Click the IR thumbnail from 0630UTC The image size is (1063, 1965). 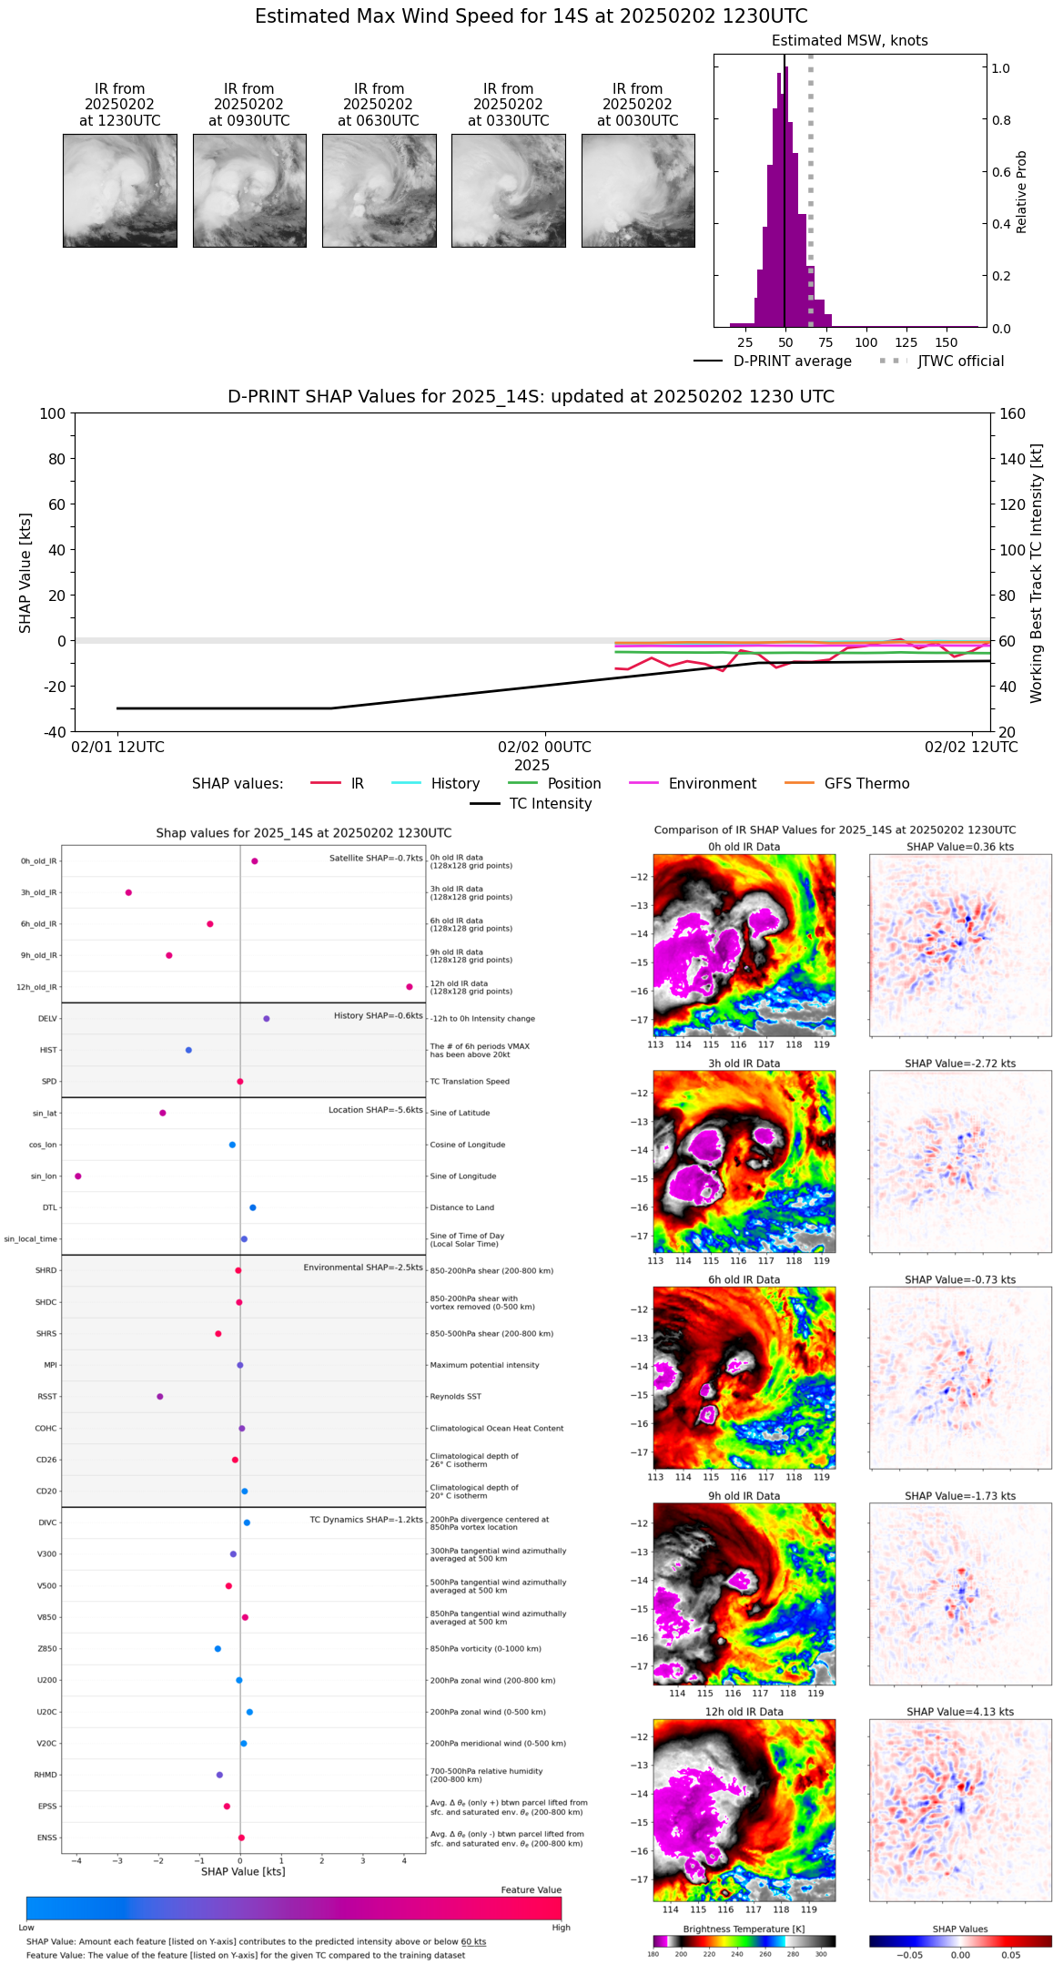[x=379, y=190]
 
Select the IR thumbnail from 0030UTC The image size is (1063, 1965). [x=638, y=190]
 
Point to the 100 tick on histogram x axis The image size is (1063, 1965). [x=866, y=342]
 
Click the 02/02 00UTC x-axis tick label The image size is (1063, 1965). [x=544, y=748]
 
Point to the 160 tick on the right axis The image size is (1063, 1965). [x=1012, y=414]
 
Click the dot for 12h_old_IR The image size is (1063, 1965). [x=410, y=987]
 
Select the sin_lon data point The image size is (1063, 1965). [x=78, y=1176]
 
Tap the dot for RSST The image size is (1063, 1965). [x=160, y=1397]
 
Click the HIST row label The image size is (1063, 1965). [x=48, y=1050]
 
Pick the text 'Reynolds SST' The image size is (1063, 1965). [x=455, y=1397]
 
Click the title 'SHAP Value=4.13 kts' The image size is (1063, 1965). [x=960, y=1712]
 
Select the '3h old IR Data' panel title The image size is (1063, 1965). [x=744, y=1064]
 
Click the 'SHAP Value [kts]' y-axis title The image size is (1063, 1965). [x=25, y=573]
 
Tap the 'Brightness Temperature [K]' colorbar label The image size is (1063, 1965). [x=744, y=1929]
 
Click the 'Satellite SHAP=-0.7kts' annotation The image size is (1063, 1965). [x=376, y=858]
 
